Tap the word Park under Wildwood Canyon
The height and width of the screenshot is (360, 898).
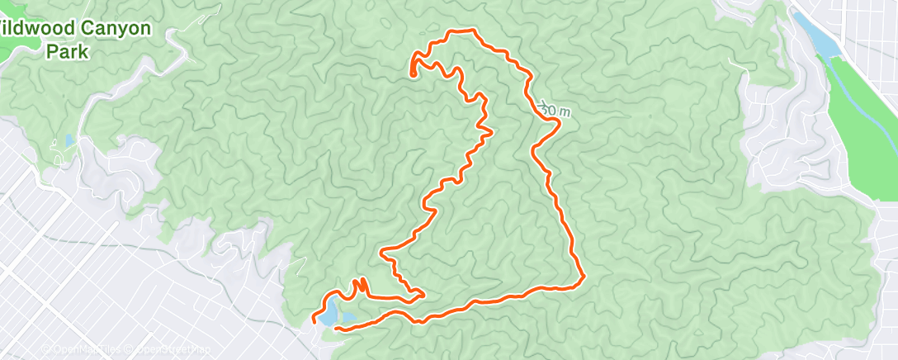click(x=67, y=50)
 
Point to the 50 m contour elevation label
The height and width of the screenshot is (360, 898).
click(x=554, y=109)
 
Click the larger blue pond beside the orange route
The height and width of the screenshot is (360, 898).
click(x=328, y=314)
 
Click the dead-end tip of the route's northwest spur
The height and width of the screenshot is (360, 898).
click(x=412, y=74)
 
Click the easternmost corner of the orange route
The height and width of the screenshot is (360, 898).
click(x=584, y=277)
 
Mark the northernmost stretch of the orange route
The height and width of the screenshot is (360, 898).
click(x=462, y=31)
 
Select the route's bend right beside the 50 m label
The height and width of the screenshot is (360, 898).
click(x=559, y=121)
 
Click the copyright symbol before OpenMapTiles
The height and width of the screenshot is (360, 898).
click(x=46, y=349)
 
